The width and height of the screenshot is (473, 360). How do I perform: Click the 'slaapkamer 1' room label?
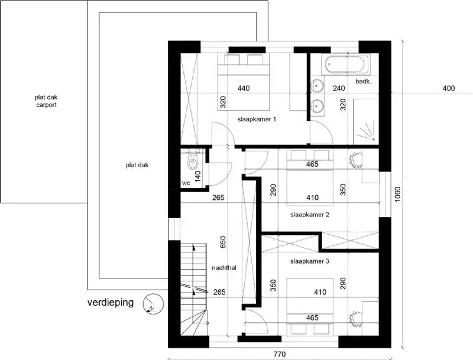pos(257,119)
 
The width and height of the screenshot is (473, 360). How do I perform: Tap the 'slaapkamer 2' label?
pos(309,215)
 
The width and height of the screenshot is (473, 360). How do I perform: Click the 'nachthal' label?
pos(224,268)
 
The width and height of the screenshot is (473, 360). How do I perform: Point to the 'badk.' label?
pos(363,81)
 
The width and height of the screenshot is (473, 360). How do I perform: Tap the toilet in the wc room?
pos(192,161)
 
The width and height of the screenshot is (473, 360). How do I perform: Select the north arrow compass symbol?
pos(153,304)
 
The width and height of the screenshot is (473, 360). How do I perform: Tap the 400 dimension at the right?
pos(448,89)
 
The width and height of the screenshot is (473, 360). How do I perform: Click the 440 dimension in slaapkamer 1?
pos(243,89)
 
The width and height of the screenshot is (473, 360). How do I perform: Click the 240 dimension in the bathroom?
pos(339,89)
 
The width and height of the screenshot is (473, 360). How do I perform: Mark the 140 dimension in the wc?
pos(199,176)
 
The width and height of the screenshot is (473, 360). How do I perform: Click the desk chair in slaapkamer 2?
pos(356,159)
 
